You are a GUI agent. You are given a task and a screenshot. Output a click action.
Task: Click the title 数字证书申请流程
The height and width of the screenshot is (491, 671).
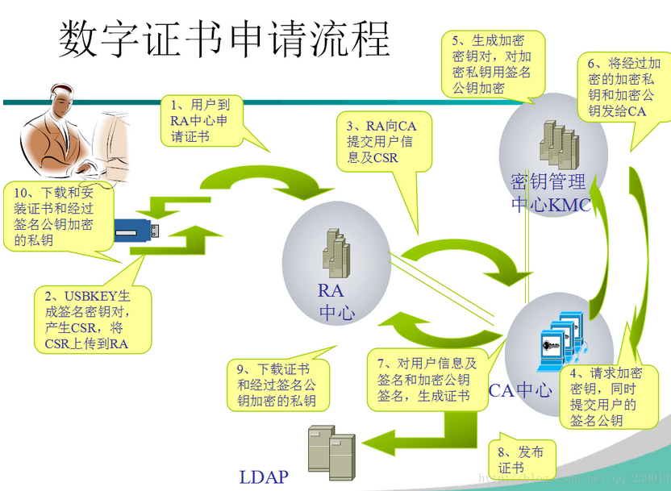(224, 39)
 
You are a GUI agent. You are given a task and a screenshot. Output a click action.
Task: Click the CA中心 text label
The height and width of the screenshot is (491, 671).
(521, 389)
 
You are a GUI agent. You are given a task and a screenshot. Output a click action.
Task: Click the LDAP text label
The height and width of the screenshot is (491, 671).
(264, 476)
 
